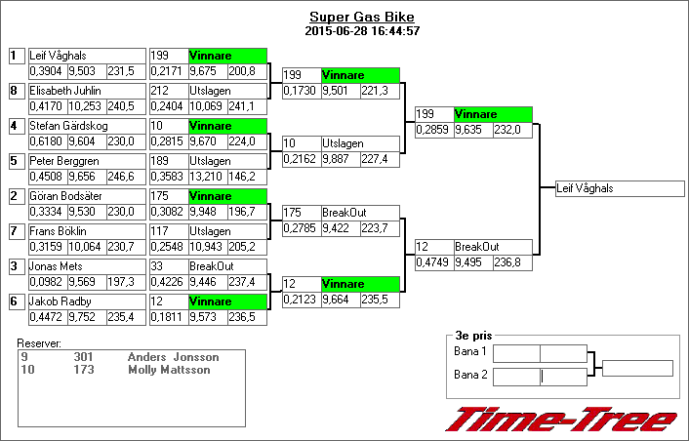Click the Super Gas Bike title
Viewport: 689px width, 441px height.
pyautogui.click(x=361, y=18)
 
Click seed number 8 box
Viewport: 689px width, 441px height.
pyautogui.click(x=15, y=91)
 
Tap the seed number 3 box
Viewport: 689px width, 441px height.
pyautogui.click(x=15, y=266)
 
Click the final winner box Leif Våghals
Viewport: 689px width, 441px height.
pyautogui.click(x=612, y=188)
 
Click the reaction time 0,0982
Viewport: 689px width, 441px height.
pyautogui.click(x=46, y=282)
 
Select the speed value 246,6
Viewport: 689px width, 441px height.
pyautogui.click(x=121, y=177)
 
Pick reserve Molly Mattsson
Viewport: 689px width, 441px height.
pyautogui.click(x=169, y=371)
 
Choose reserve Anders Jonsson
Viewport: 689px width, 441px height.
pyautogui.click(x=173, y=357)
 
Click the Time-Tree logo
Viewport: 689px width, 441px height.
pyautogui.click(x=561, y=420)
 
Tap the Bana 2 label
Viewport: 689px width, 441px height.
pyautogui.click(x=470, y=375)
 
